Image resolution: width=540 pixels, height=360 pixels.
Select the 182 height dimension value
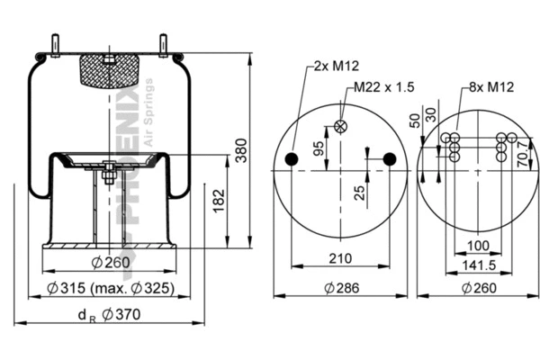click(219, 202)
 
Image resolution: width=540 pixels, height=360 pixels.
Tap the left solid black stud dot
click(292, 159)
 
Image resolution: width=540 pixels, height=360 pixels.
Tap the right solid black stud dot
click(389, 159)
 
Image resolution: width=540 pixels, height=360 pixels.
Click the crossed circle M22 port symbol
click(340, 126)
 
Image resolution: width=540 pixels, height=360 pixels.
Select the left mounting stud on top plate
click(56, 45)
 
